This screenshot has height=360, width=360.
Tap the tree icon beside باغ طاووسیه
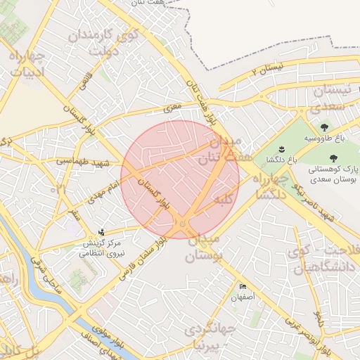point(324,127)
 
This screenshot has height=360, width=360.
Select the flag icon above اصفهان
point(243,287)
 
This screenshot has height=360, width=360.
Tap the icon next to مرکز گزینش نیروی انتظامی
point(103,231)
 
